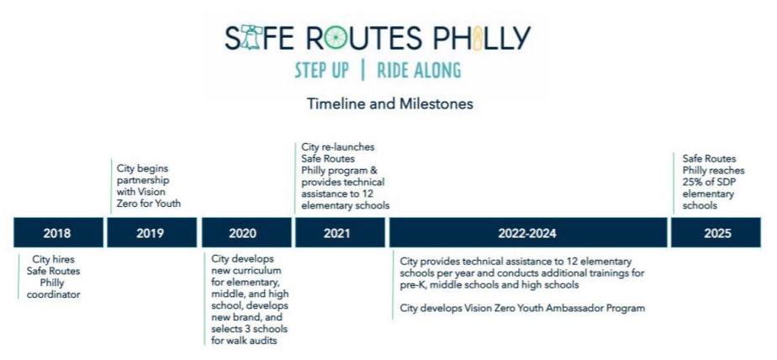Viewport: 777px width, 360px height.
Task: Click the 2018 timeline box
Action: pos(57,233)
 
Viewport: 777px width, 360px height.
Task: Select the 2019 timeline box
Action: pos(150,233)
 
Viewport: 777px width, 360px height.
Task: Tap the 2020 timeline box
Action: pos(243,233)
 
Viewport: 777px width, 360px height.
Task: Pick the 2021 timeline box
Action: pos(336,233)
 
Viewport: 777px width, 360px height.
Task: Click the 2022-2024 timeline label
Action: pos(526,233)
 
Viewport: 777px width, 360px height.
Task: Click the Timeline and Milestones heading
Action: pos(389,105)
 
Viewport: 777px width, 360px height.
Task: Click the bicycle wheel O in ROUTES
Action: pos(341,38)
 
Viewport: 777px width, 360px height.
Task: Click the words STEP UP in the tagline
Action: pos(322,71)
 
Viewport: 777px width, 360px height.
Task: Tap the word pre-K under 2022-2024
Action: pos(412,284)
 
